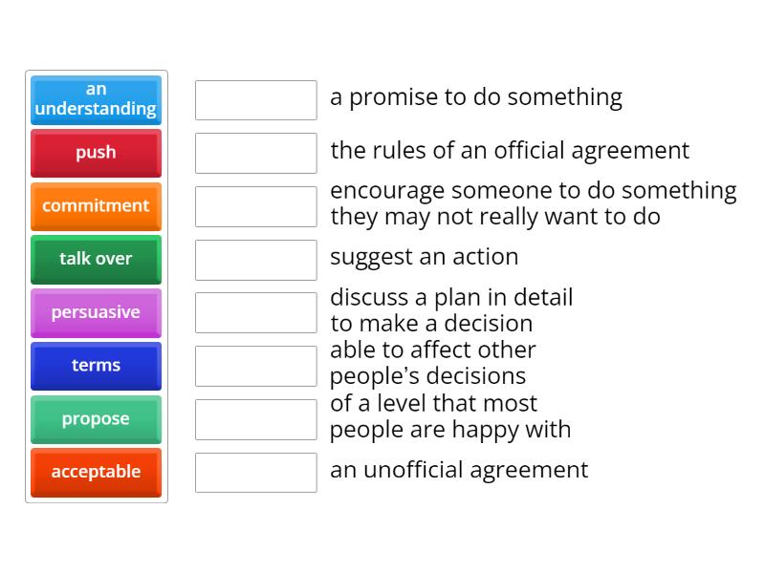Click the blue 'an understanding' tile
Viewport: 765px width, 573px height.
(96, 99)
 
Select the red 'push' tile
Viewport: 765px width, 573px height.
(96, 153)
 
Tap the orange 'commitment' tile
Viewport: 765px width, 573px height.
(96, 206)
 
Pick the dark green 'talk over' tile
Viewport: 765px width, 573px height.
(96, 259)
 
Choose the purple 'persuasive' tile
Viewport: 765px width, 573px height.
(96, 312)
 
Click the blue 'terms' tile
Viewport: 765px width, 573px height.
(96, 366)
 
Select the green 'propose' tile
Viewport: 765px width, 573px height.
(96, 419)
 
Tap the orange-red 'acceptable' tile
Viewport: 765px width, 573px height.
(96, 472)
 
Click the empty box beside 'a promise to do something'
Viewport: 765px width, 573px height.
(255, 100)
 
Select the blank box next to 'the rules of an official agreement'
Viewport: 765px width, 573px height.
(255, 153)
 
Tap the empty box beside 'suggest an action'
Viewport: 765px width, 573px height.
(255, 260)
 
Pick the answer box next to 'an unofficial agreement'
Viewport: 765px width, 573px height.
(255, 473)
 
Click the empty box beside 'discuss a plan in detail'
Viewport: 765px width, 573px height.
(255, 312)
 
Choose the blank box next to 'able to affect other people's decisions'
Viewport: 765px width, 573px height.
(255, 366)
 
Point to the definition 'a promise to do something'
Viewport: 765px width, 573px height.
(475, 97)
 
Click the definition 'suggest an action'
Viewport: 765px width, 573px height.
(424, 257)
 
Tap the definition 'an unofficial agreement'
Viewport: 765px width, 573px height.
(458, 470)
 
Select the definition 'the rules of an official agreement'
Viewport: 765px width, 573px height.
(509, 151)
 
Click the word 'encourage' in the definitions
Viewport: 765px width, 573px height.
(387, 191)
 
